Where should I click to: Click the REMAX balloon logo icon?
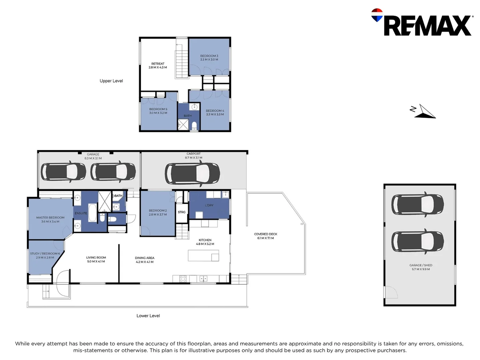[x=377, y=15]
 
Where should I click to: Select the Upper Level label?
[x=111, y=81]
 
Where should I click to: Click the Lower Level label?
[x=148, y=316]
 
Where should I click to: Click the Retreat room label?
[x=158, y=66]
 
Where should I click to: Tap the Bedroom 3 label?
[x=209, y=58]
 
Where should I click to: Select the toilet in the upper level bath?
[x=194, y=126]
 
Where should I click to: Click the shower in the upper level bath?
[x=183, y=124]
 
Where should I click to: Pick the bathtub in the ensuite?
[x=92, y=213]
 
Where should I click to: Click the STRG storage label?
[x=182, y=212]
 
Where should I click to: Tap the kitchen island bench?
[x=203, y=256]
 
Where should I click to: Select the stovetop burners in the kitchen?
[x=183, y=279]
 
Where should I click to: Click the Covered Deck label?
[x=265, y=236]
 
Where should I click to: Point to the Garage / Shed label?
[x=421, y=267]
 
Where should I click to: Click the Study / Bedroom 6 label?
[x=45, y=256]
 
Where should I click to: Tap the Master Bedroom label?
[x=50, y=219]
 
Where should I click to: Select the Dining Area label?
[x=145, y=260]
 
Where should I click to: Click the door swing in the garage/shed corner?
[x=391, y=292]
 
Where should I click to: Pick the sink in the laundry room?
[x=225, y=194]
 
